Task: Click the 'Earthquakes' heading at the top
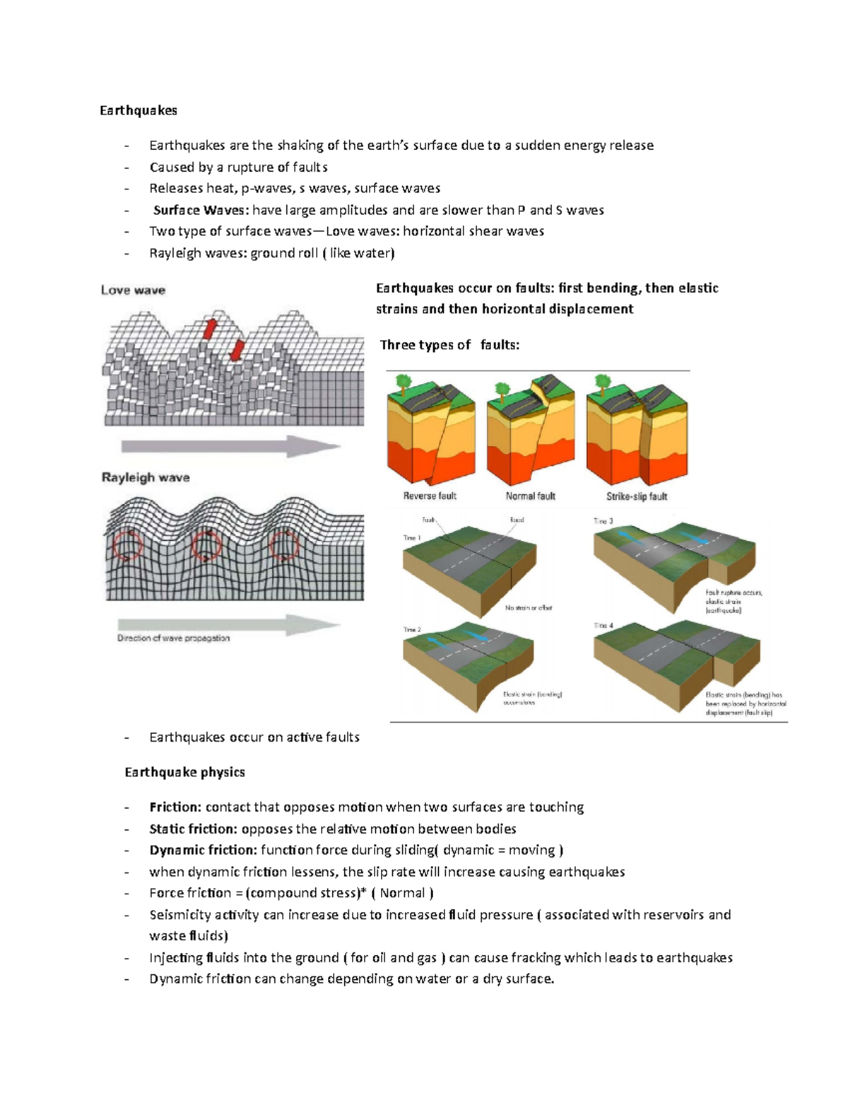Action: [138, 110]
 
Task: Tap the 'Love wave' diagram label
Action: [133, 290]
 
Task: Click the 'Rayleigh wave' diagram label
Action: [146, 477]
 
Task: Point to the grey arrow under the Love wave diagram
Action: [230, 446]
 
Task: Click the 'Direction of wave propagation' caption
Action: [173, 638]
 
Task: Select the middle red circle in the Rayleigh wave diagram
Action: [206, 545]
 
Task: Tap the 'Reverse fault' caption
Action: [430, 496]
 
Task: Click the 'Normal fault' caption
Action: [530, 496]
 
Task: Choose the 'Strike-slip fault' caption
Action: [636, 496]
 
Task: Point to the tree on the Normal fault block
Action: [502, 389]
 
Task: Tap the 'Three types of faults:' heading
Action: [449, 345]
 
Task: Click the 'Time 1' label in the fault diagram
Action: [412, 538]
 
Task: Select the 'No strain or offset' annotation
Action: [528, 607]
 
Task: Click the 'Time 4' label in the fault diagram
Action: [603, 625]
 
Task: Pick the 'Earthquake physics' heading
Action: [184, 772]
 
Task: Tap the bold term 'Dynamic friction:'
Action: [203, 850]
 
